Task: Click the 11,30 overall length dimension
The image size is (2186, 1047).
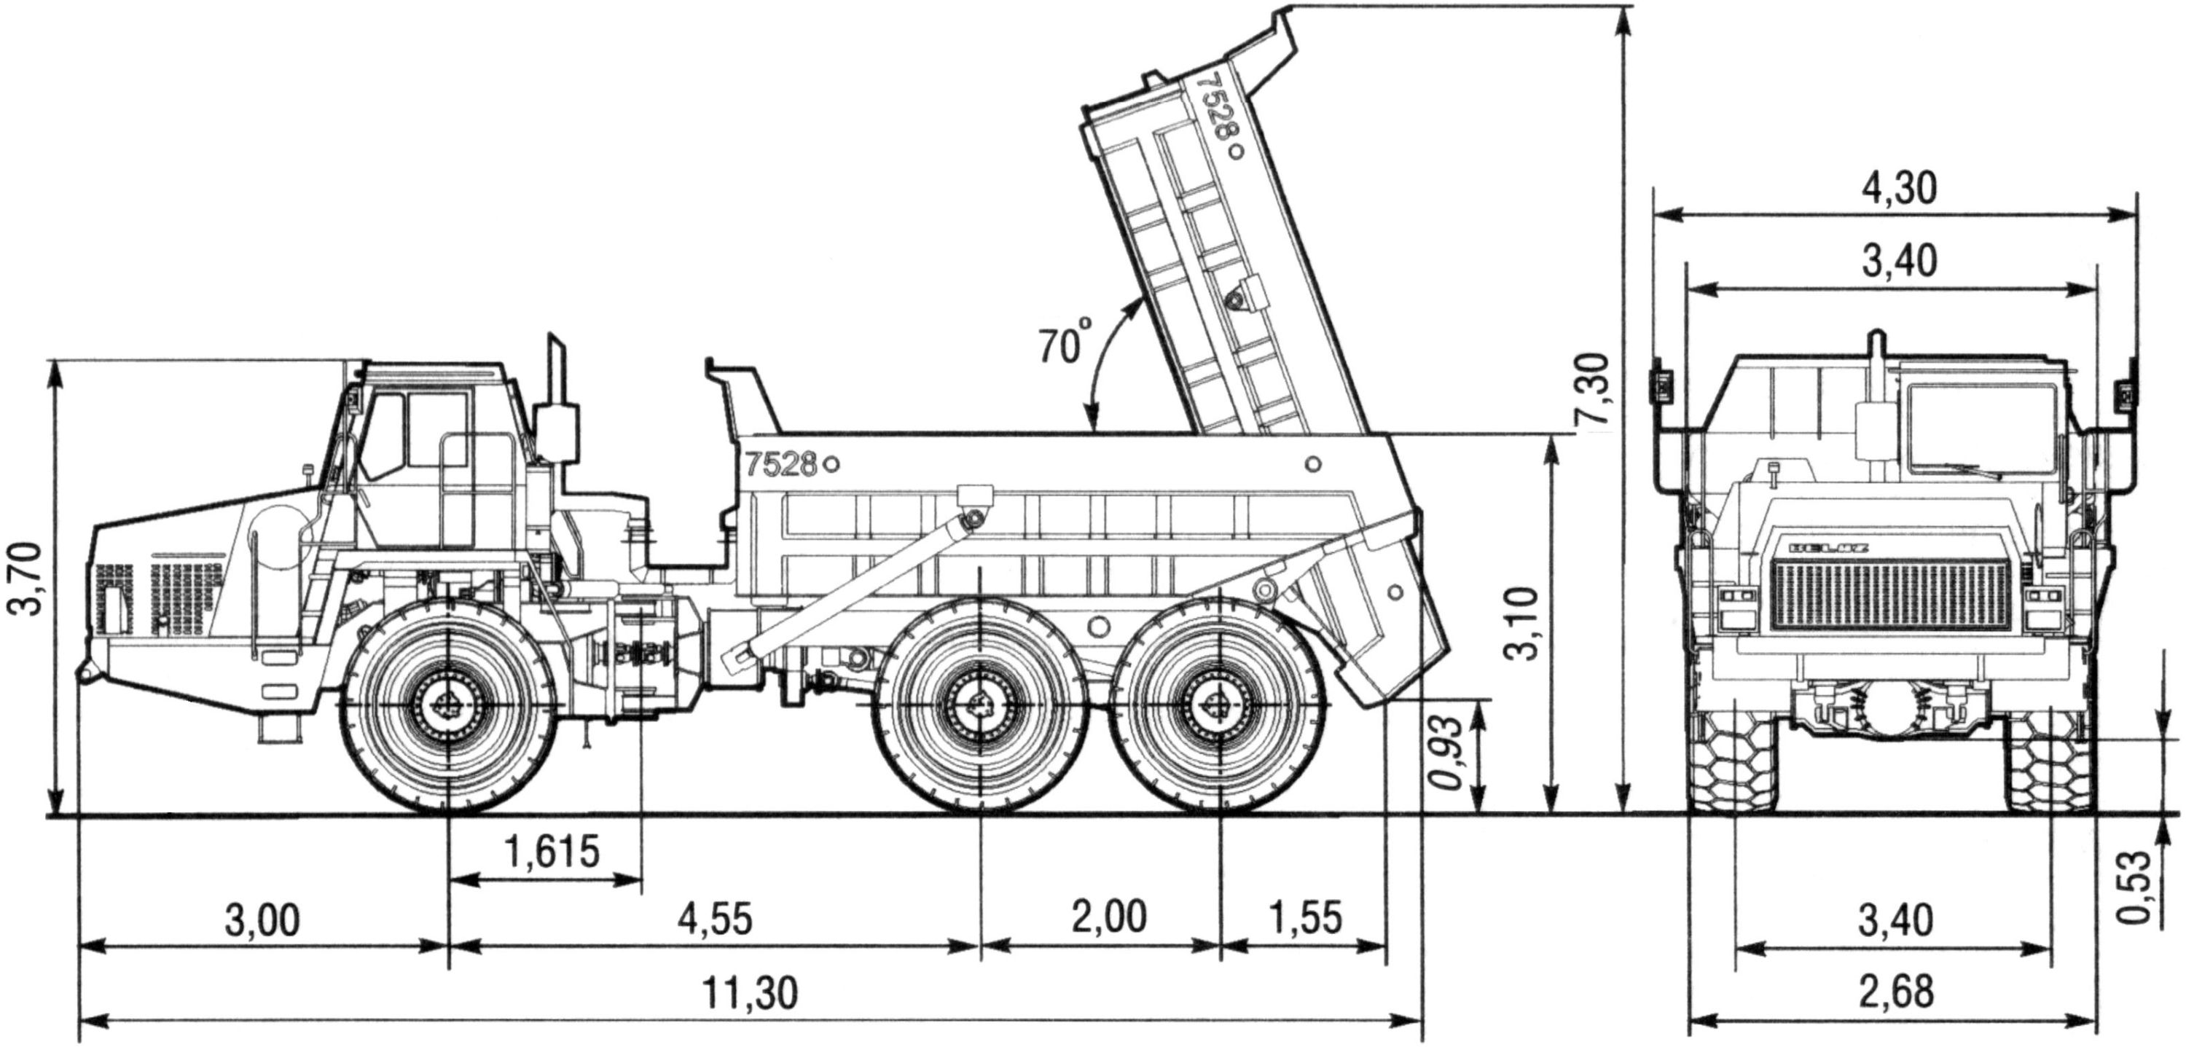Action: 751,992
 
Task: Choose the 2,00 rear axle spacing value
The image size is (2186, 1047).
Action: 1108,917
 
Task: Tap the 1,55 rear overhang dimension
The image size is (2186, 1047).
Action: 1306,917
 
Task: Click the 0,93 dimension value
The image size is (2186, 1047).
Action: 1449,753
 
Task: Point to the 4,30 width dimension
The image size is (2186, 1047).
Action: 1899,189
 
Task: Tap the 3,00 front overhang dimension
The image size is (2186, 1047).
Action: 262,919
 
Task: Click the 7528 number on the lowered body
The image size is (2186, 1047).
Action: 780,463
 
